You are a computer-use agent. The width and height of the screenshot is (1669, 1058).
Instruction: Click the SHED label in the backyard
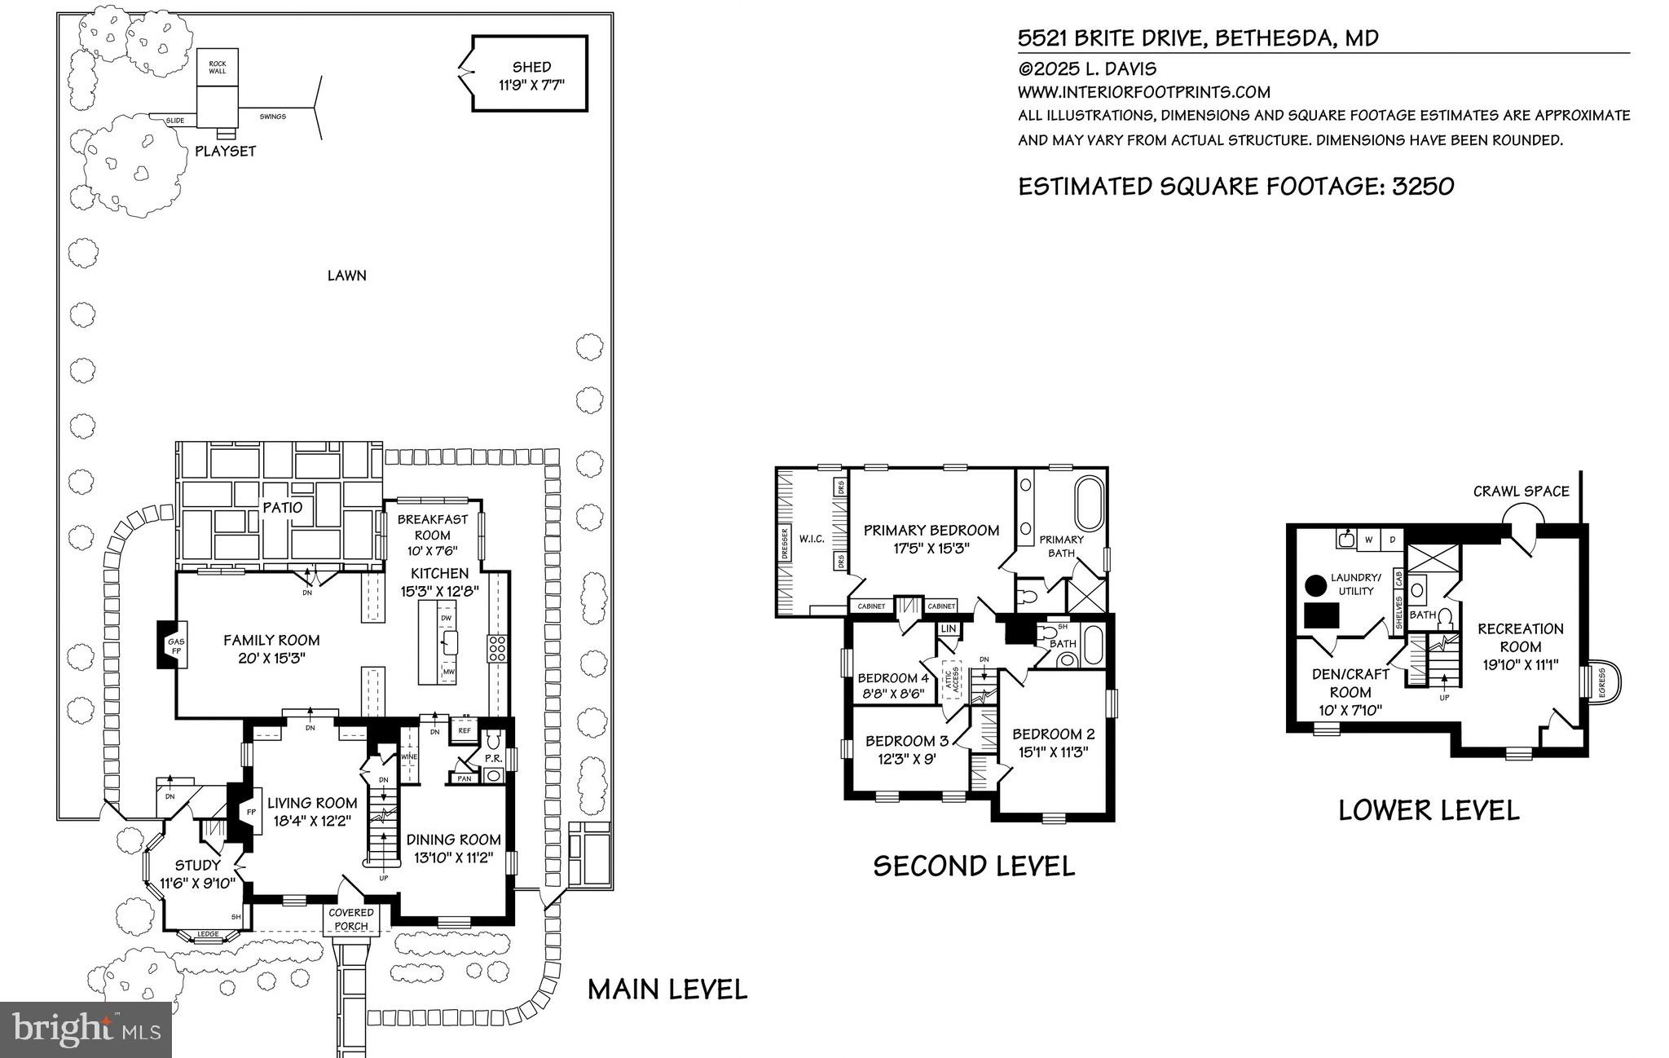[531, 67]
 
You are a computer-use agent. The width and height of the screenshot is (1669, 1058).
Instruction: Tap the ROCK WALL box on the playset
[217, 67]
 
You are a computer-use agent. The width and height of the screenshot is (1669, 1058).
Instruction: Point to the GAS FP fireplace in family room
[174, 646]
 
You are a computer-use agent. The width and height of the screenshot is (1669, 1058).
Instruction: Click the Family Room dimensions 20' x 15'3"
[271, 659]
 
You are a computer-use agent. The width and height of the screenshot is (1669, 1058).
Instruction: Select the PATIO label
[282, 507]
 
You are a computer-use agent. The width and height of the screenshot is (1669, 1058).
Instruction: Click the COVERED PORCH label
[351, 919]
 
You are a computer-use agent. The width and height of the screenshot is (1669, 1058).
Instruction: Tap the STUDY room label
[197, 865]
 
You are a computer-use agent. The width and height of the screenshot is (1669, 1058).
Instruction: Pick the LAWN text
[346, 276]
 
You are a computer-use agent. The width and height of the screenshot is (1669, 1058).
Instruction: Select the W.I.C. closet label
[810, 538]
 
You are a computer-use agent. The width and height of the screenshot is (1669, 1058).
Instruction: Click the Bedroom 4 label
[892, 677]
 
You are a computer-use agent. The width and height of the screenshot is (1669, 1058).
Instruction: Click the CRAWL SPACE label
[1521, 491]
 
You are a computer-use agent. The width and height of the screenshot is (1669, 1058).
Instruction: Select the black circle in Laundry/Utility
[1316, 584]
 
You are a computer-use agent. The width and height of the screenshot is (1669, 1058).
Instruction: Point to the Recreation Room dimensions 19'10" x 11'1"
[1520, 664]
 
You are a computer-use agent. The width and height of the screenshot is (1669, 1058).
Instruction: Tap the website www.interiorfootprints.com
[1143, 92]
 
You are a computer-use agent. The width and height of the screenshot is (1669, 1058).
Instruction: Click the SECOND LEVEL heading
[973, 866]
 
